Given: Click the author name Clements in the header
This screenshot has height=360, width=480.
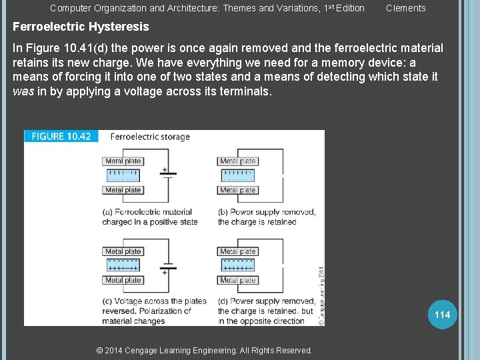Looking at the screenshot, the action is [405, 8].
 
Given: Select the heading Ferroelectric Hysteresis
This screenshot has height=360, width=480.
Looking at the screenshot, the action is [81, 27].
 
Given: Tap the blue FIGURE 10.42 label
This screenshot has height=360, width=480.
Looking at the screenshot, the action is [61, 136].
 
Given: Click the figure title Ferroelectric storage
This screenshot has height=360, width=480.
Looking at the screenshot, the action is [150, 137].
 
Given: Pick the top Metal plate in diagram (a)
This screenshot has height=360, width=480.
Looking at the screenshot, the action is [123, 161].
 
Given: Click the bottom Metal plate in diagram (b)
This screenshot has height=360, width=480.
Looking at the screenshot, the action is [238, 190].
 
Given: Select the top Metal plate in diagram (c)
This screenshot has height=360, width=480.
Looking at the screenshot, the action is [123, 252].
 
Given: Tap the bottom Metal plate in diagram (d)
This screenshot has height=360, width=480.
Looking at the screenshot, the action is [238, 280].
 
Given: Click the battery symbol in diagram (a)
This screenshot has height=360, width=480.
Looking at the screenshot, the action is [165, 175].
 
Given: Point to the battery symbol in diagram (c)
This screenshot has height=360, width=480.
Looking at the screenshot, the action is [165, 266].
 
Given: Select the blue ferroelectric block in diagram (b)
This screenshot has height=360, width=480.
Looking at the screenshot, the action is [238, 175].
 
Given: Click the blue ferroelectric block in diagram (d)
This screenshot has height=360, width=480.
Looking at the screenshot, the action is [238, 266].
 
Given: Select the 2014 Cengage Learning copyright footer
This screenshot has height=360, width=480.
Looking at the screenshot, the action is [204, 351].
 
